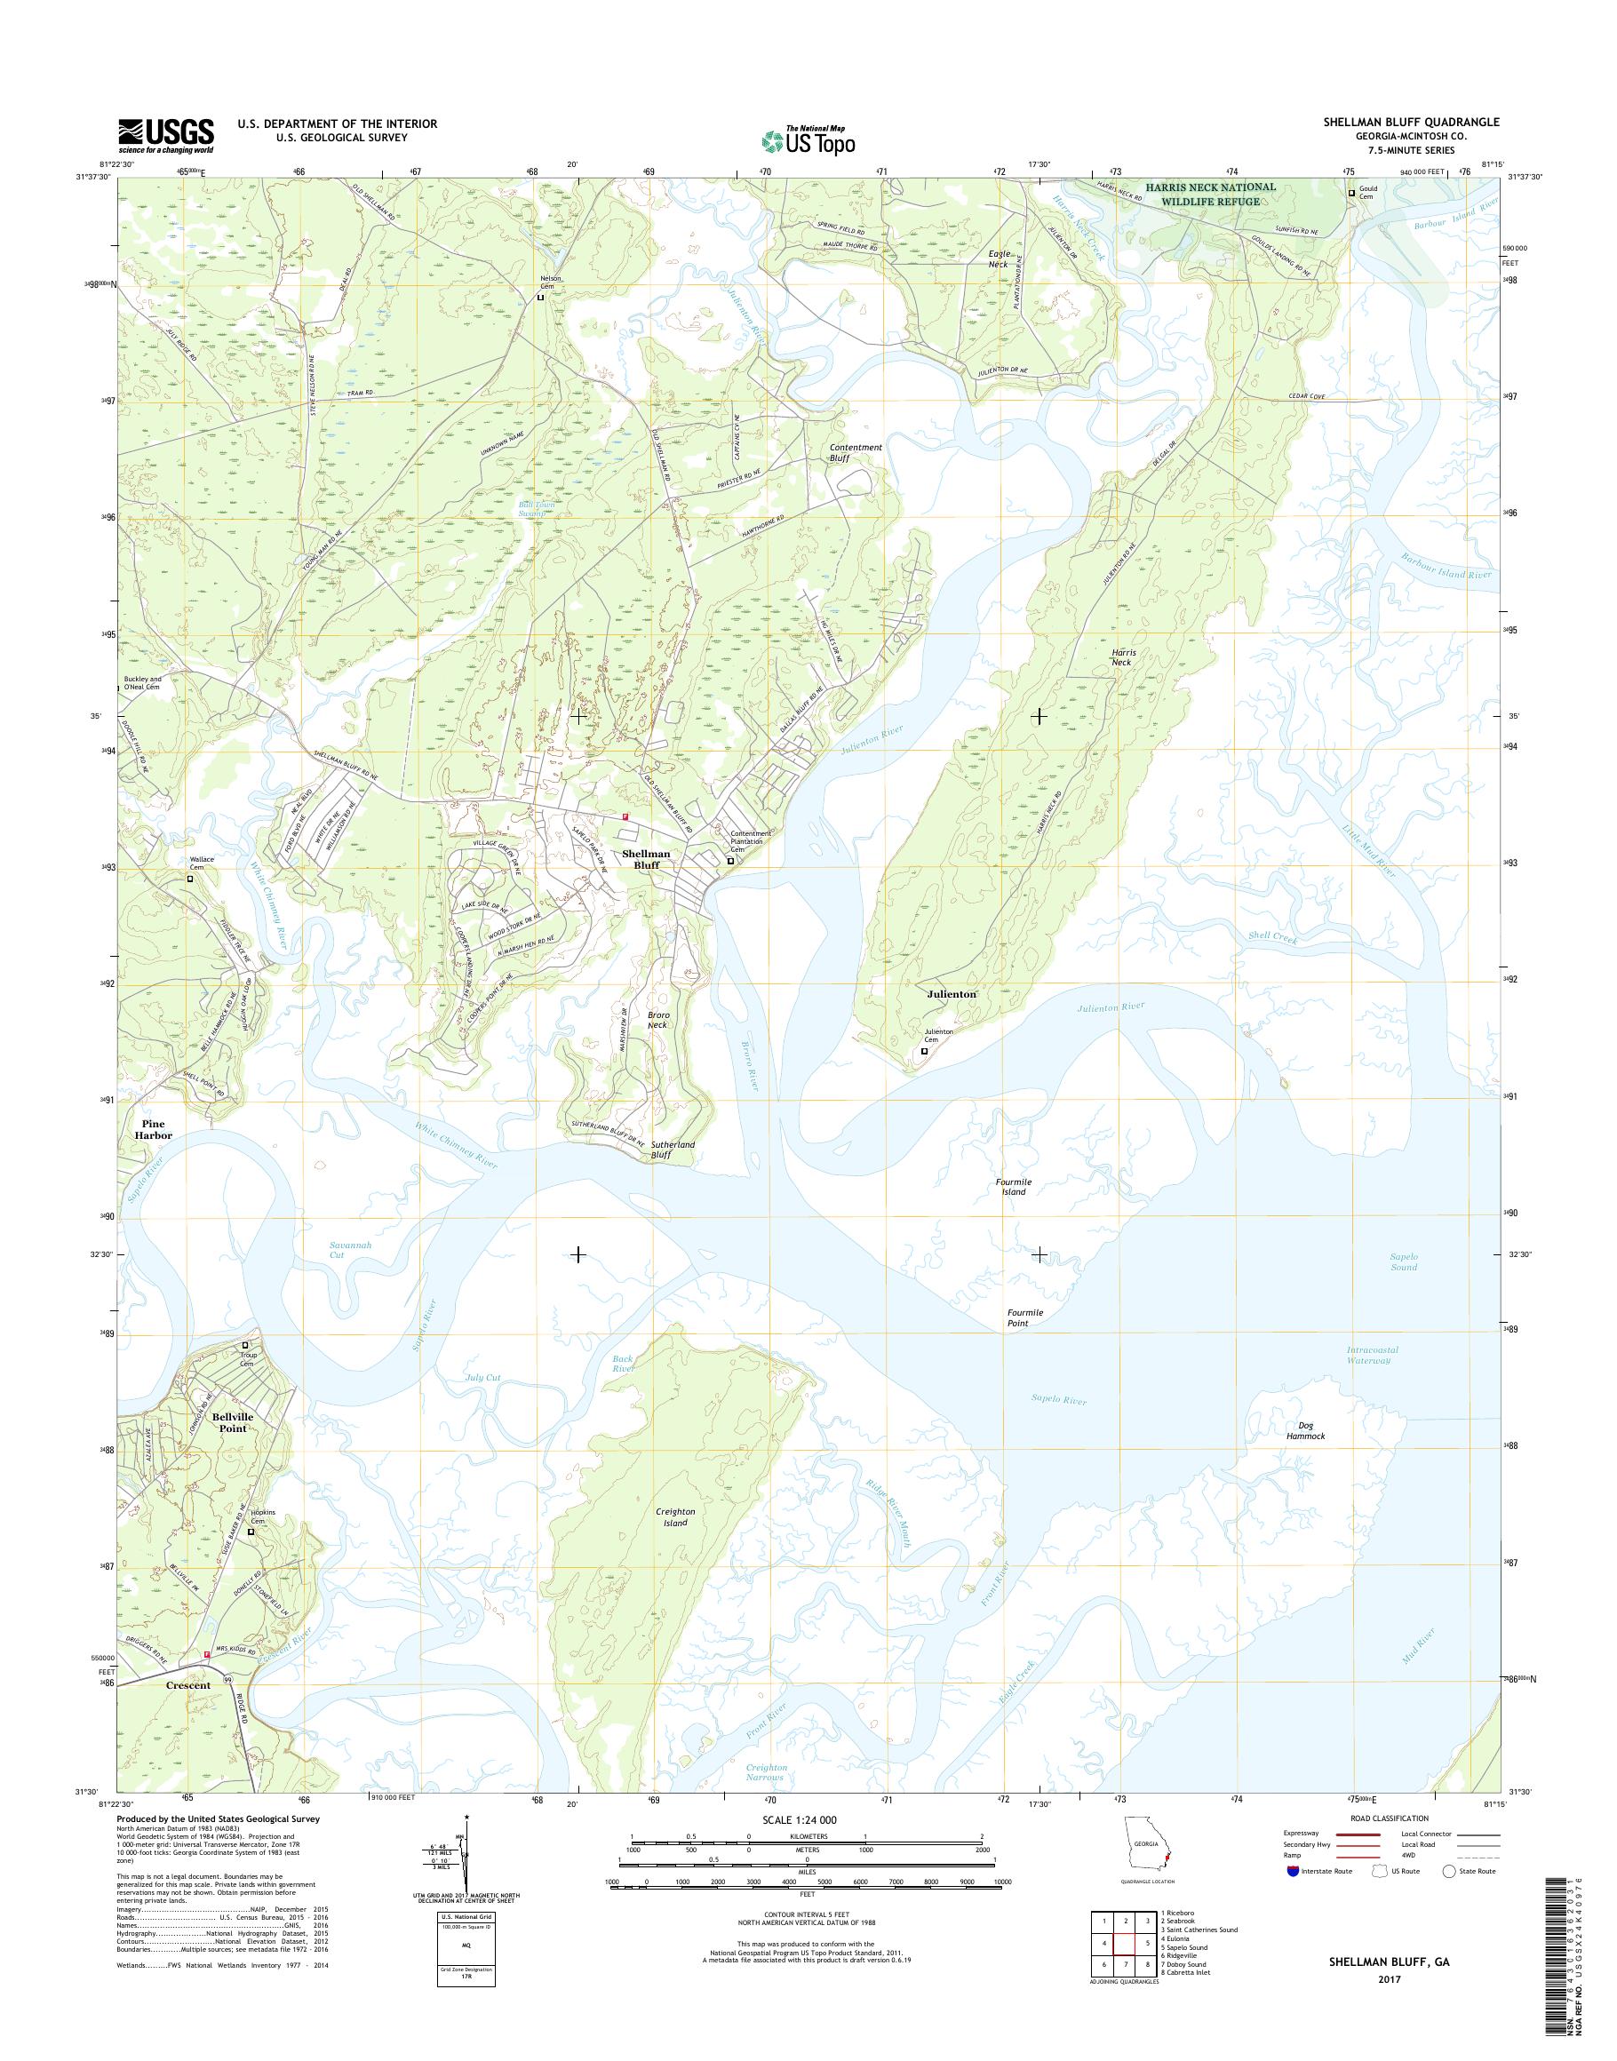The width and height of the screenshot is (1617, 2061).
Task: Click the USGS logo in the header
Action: pos(165,135)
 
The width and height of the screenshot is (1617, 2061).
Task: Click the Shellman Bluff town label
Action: pos(647,859)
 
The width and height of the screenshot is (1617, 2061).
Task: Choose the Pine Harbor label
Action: pos(153,1129)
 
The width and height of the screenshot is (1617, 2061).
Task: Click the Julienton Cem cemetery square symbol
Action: pos(924,1050)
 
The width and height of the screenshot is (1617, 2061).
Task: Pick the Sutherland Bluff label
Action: pos(673,1150)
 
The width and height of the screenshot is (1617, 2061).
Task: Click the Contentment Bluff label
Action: pos(855,451)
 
